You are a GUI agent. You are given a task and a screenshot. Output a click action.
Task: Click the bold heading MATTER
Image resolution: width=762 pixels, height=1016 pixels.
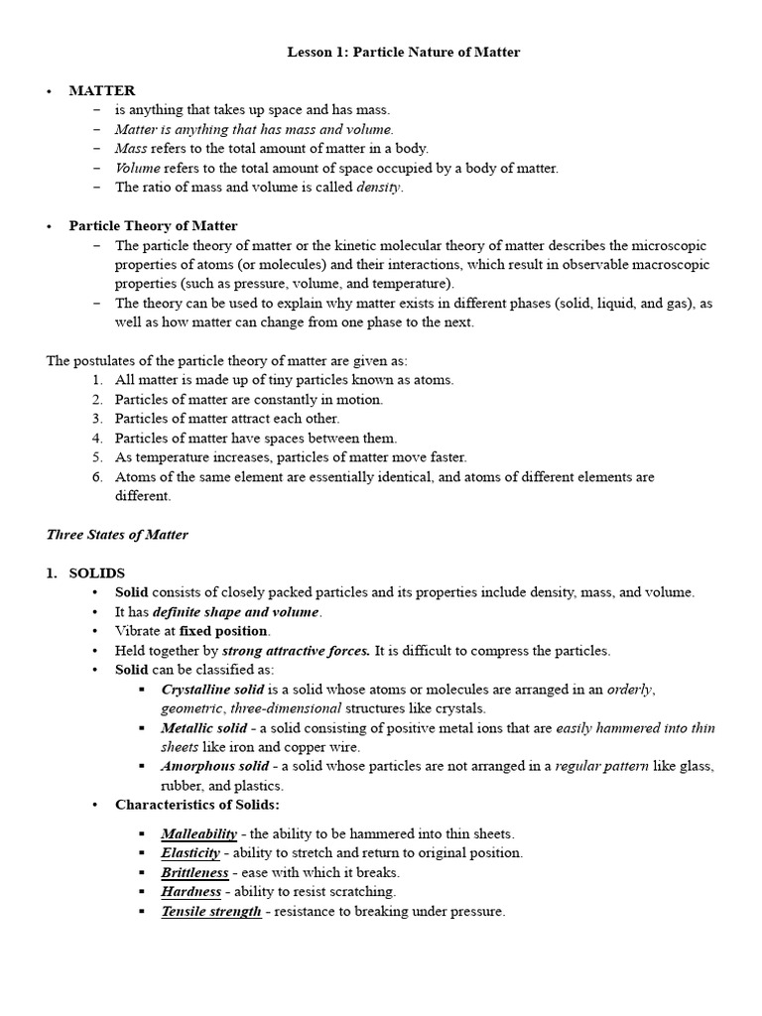pyautogui.click(x=101, y=90)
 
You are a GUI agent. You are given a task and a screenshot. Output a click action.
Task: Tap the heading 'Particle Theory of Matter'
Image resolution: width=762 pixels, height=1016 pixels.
pyautogui.click(x=153, y=226)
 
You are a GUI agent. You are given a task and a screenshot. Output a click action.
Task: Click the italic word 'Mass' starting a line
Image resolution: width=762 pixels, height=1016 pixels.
pyautogui.click(x=130, y=148)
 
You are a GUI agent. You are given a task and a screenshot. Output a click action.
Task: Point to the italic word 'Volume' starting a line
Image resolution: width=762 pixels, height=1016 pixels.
pyautogui.click(x=137, y=168)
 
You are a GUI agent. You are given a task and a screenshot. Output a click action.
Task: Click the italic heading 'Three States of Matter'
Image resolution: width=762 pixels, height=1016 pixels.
pyautogui.click(x=117, y=535)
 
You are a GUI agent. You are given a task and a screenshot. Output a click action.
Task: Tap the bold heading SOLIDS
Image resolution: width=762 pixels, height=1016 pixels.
pyautogui.click(x=97, y=573)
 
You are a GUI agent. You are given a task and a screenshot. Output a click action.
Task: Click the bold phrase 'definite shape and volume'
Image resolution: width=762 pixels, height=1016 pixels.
pyautogui.click(x=235, y=612)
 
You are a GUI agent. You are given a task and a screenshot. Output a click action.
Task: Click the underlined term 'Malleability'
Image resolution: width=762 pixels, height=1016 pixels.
pyautogui.click(x=198, y=833)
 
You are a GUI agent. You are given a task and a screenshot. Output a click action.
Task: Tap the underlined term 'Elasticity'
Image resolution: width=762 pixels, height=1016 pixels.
pyautogui.click(x=190, y=852)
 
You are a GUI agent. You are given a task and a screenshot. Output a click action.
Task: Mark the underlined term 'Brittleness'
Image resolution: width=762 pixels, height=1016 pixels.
pyautogui.click(x=194, y=872)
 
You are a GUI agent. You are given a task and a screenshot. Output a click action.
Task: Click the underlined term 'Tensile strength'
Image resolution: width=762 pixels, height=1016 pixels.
pyautogui.click(x=211, y=911)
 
